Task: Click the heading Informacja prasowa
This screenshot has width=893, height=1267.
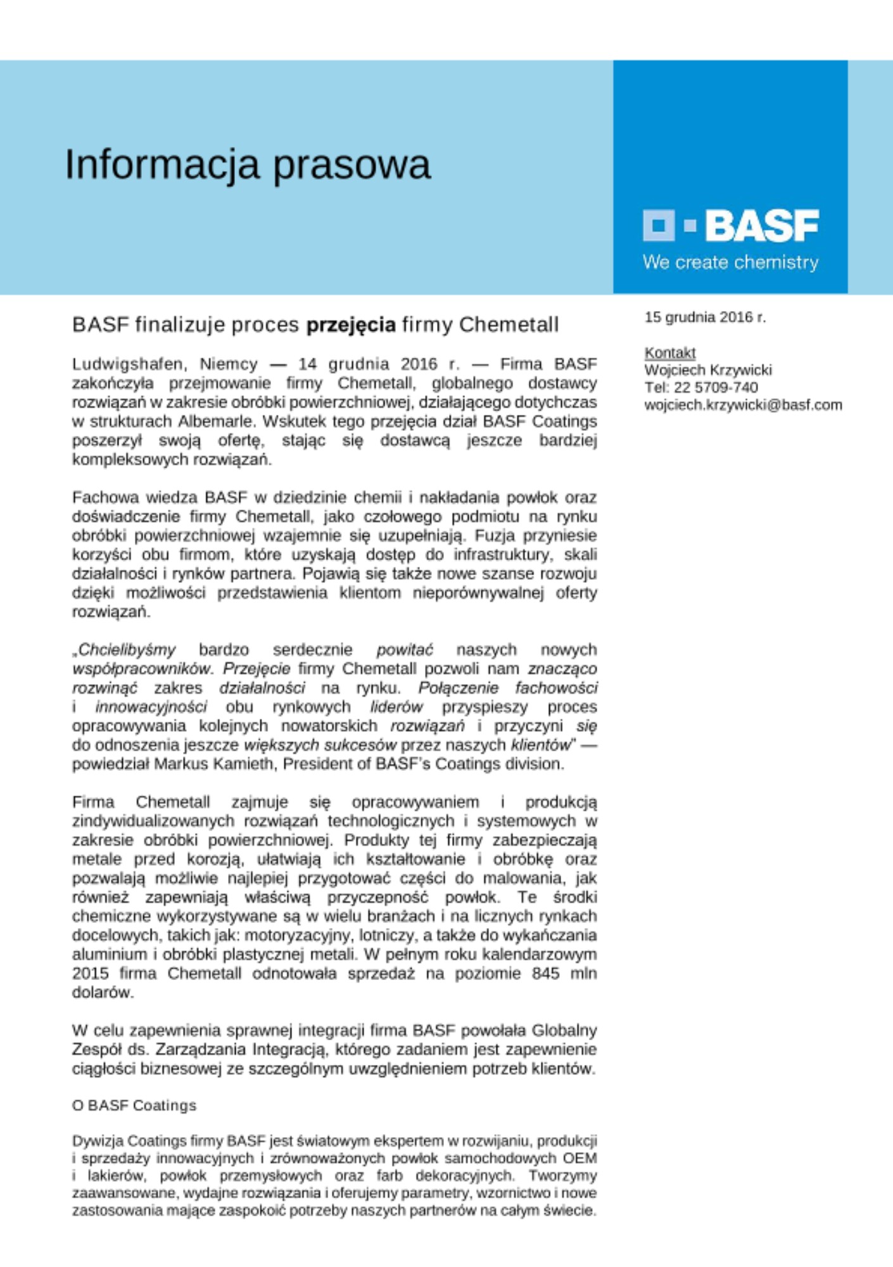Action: (248, 165)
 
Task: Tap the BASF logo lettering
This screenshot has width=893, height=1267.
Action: (762, 226)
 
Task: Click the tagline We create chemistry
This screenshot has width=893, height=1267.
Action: (730, 262)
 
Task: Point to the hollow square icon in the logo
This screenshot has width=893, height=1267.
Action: (659, 226)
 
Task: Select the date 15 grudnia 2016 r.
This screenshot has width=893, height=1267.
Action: (705, 317)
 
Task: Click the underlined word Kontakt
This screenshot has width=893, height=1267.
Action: (669, 353)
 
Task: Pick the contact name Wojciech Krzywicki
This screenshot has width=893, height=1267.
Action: (707, 370)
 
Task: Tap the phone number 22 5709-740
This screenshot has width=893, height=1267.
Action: (716, 387)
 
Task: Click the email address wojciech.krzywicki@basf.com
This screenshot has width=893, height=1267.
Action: (743, 405)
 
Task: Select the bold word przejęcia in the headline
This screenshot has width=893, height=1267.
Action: (351, 325)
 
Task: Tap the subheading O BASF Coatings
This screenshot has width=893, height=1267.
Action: (134, 1105)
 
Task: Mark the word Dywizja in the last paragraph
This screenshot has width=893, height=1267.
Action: (98, 1141)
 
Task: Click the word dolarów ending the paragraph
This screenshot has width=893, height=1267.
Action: (103, 992)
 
